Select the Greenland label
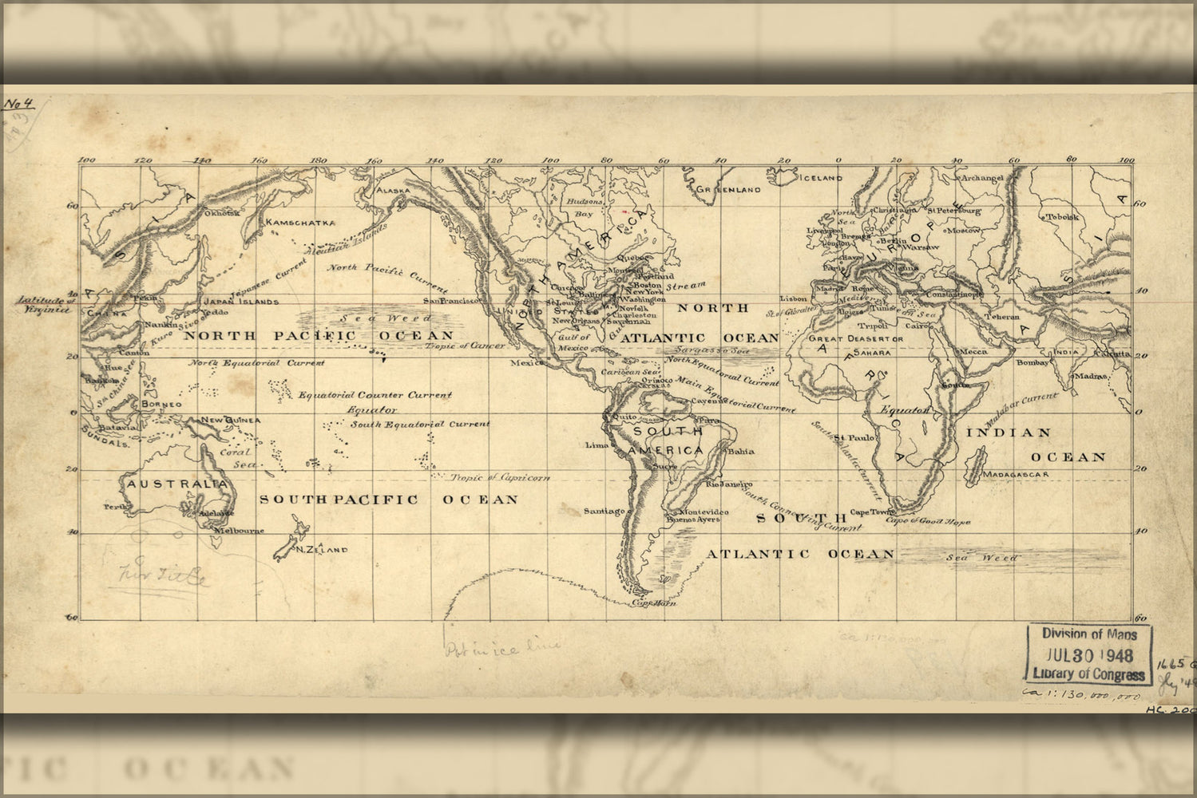(x=727, y=190)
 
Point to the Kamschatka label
(x=300, y=223)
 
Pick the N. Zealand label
(x=321, y=550)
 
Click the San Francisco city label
(x=452, y=301)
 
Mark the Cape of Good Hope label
(x=928, y=522)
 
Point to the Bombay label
(x=1033, y=363)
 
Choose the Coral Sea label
(x=236, y=457)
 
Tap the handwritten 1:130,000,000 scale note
(x=1081, y=696)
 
